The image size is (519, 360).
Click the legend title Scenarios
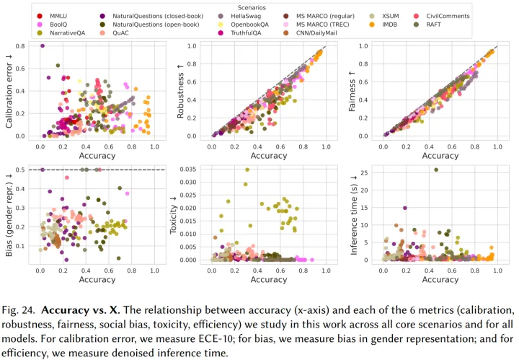259,5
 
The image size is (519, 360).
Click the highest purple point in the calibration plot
43,45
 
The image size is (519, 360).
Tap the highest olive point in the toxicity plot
247,170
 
